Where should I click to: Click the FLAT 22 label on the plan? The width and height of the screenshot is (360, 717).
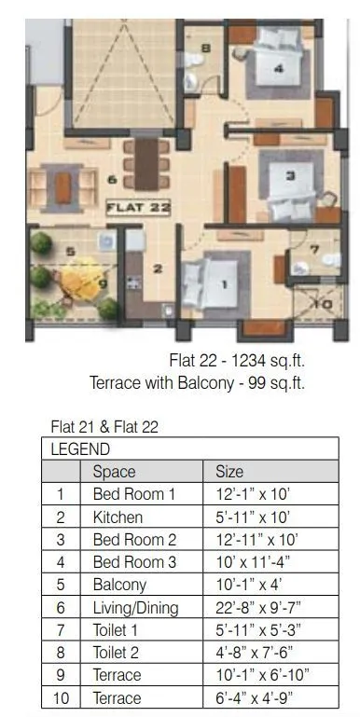click(x=138, y=207)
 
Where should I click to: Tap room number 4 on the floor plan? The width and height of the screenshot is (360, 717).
click(x=278, y=68)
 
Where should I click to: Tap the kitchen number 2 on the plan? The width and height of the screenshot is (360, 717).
click(x=158, y=269)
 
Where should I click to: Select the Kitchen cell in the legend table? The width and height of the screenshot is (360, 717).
click(x=118, y=516)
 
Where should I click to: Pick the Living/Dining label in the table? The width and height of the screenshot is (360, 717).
click(x=135, y=607)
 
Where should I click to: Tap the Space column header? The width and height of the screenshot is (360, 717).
click(x=114, y=471)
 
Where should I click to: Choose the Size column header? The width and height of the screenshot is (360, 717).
click(x=228, y=471)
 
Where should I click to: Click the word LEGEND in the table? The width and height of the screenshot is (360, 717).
click(x=80, y=448)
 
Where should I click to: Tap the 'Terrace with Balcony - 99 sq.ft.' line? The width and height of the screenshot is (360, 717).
click(x=197, y=382)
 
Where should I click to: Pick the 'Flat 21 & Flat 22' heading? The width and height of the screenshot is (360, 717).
click(x=104, y=428)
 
